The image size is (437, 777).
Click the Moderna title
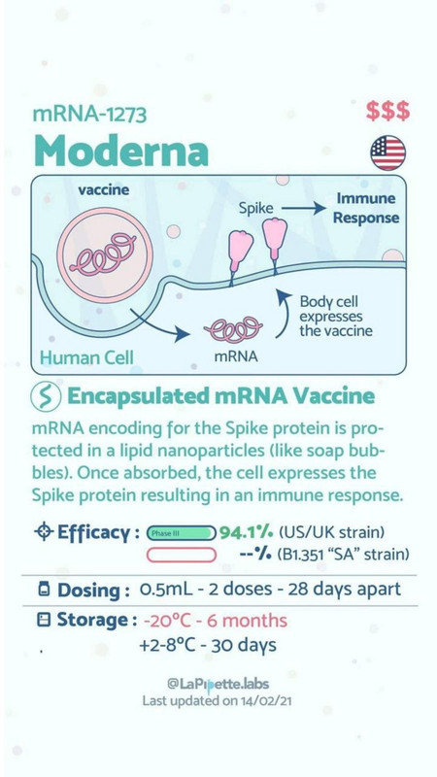[121, 151]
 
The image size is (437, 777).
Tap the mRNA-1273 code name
[89, 115]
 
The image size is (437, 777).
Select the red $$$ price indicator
[387, 111]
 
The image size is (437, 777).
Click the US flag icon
[387, 152]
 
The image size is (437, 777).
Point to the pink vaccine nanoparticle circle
[105, 255]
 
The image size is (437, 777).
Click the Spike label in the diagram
[256, 209]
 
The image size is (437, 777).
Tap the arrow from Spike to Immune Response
[303, 209]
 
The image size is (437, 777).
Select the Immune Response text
[366, 208]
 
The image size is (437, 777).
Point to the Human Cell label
[86, 357]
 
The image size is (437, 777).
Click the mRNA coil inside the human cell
[233, 330]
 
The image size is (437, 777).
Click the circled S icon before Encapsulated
[46, 397]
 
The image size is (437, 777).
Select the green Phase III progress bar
[182, 533]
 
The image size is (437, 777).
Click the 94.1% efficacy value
[247, 533]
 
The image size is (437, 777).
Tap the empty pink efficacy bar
[182, 555]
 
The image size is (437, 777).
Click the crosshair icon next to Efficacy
[44, 532]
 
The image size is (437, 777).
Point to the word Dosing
[93, 591]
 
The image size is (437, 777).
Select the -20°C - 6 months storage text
[216, 621]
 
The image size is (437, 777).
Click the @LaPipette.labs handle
[218, 685]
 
